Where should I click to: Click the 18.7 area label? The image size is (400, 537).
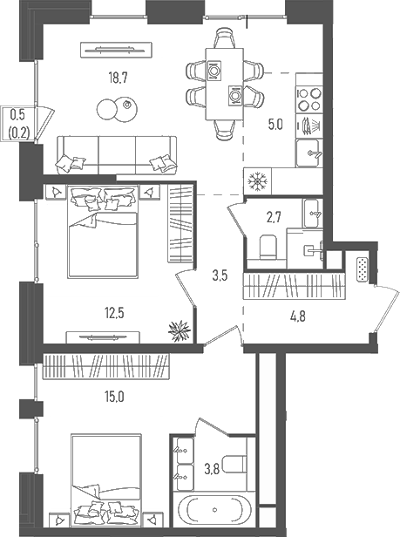pyautogui.click(x=119, y=78)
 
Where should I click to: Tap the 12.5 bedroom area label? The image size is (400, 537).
pyautogui.click(x=113, y=313)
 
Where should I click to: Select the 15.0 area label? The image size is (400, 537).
pyautogui.click(x=114, y=397)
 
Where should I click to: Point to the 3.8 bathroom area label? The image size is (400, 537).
pyautogui.click(x=212, y=469)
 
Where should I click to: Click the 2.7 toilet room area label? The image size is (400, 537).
pyautogui.click(x=275, y=217)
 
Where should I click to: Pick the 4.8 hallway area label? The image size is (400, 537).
pyautogui.click(x=297, y=316)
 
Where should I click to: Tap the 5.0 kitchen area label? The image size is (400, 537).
pyautogui.click(x=275, y=125)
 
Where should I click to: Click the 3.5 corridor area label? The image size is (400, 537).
pyautogui.click(x=220, y=275)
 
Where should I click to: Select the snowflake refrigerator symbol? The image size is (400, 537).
pyautogui.click(x=258, y=181)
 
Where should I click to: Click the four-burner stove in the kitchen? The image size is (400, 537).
pyautogui.click(x=309, y=99)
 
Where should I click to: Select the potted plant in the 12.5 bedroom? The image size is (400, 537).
pyautogui.click(x=180, y=330)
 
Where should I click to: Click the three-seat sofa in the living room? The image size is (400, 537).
pyautogui.click(x=117, y=155)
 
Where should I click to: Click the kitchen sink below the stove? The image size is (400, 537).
pyautogui.click(x=308, y=153)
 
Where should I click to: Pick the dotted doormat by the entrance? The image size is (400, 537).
pyautogui.click(x=363, y=270)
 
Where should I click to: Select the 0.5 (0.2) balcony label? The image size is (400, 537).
pyautogui.click(x=17, y=124)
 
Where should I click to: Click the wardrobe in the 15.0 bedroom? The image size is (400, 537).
pyautogui.click(x=106, y=366)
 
